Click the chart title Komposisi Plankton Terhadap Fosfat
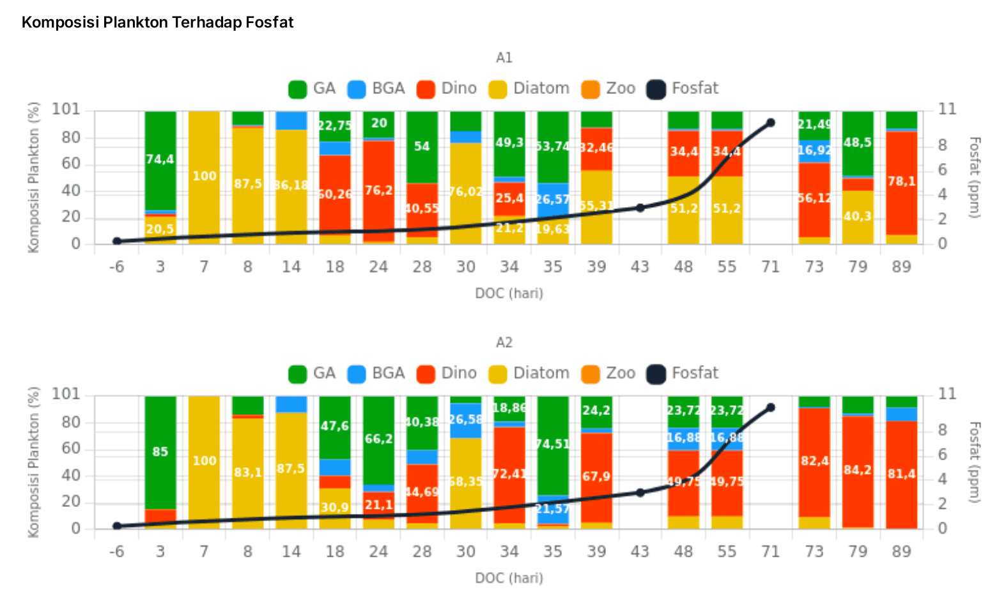157,22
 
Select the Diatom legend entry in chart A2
529,373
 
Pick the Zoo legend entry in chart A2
608,373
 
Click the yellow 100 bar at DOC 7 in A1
204,177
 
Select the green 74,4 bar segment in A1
160,160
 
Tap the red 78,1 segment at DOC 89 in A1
901,182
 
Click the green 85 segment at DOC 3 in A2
160,452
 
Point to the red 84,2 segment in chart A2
858,470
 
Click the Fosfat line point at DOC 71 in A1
771,123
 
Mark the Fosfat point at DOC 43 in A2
640,493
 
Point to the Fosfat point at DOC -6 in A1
117,241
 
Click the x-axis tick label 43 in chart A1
640,267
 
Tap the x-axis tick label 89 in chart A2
901,552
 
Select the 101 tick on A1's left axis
66,109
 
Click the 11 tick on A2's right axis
947,394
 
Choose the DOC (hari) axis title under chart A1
509,293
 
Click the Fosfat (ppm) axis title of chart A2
974,462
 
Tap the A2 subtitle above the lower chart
504,343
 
